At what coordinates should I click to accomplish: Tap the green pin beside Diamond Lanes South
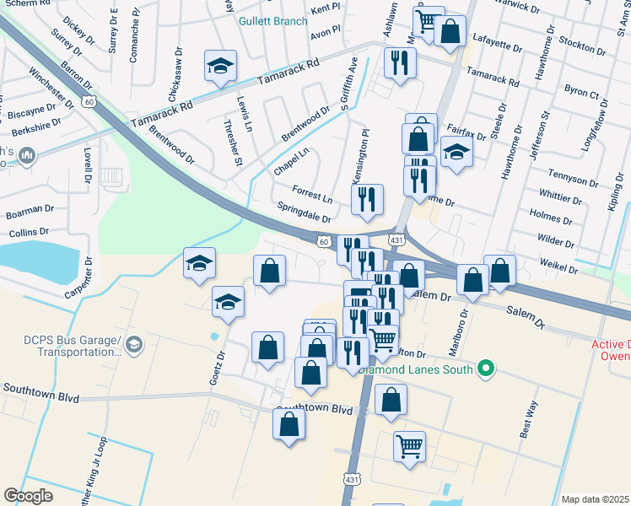pyautogui.click(x=485, y=368)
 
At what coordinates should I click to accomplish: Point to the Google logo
pyautogui.click(x=28, y=496)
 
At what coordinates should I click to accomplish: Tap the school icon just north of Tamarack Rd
pyautogui.click(x=220, y=67)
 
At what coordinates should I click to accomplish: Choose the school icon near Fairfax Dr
pyautogui.click(x=456, y=153)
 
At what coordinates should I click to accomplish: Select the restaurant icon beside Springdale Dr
pyautogui.click(x=367, y=200)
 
